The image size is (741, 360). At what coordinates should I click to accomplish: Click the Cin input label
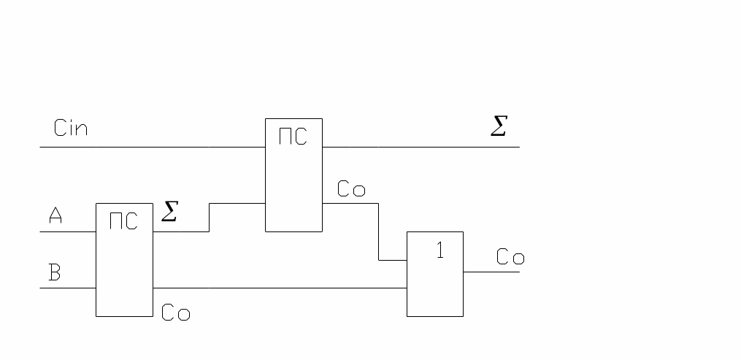point(71,129)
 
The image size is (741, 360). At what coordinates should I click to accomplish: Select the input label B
point(55,273)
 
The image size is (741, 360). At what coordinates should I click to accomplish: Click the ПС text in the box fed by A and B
point(123,221)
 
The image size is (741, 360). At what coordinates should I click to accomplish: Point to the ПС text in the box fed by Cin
point(293,137)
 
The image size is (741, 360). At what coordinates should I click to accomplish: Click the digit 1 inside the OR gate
point(439,250)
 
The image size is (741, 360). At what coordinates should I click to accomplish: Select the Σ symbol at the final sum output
point(498,128)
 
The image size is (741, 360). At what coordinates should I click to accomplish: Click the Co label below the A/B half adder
point(175,313)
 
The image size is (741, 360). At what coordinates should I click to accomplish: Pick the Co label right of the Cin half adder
point(351,190)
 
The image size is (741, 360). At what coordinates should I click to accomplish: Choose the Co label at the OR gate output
point(510,257)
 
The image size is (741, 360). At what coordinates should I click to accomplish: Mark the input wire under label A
point(67,231)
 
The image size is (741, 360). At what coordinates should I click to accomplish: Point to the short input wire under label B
point(67,288)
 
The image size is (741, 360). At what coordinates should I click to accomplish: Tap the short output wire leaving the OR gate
point(491,272)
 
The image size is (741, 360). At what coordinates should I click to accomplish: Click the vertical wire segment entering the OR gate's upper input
point(378,231)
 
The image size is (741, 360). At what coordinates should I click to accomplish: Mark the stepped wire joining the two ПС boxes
point(209,217)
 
